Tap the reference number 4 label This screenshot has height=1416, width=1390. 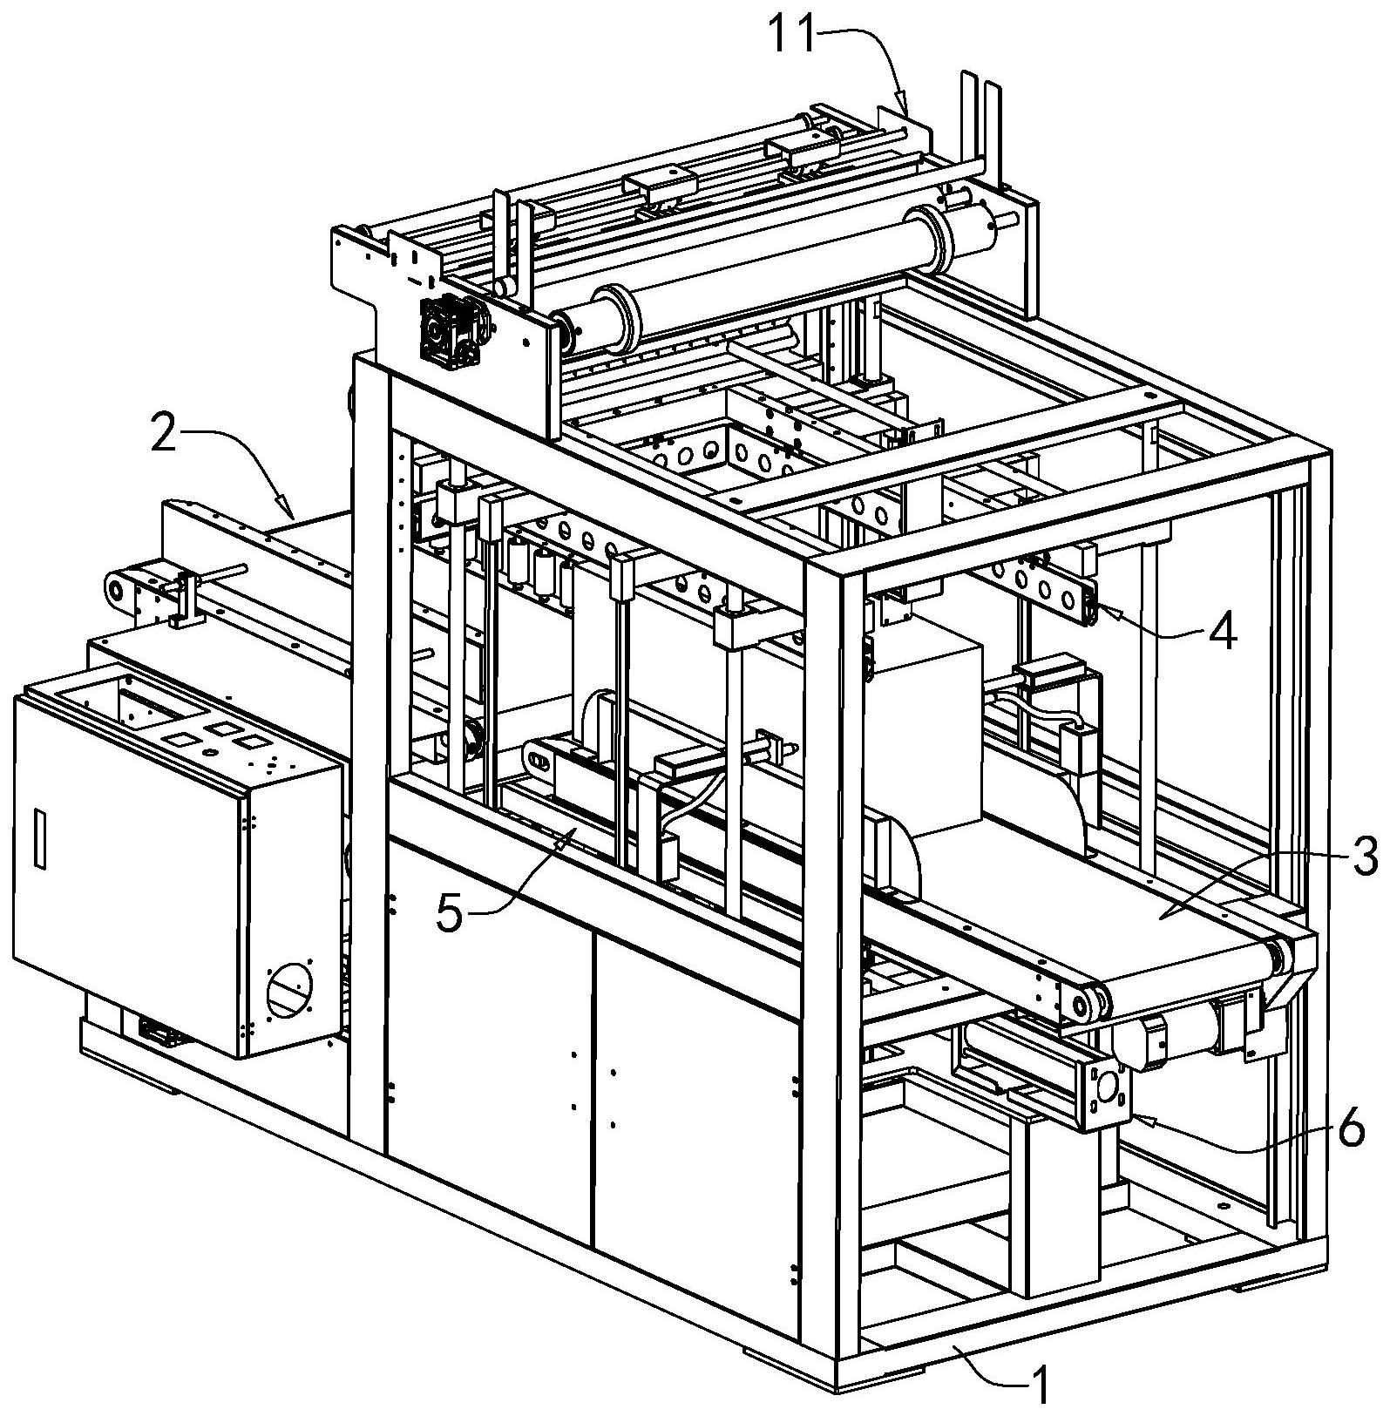coord(1223,633)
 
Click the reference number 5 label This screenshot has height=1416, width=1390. coord(451,914)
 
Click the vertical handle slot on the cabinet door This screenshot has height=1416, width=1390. coord(39,837)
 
